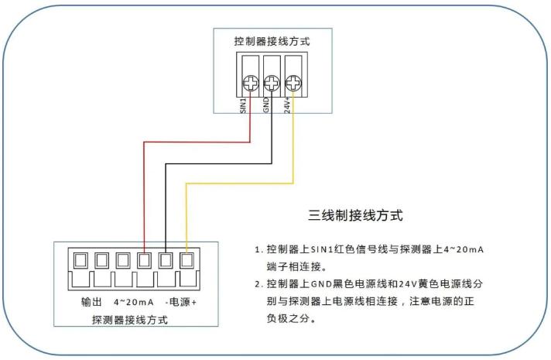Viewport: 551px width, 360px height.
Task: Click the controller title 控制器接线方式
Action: pos(272,40)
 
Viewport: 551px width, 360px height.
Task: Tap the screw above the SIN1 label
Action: pos(250,84)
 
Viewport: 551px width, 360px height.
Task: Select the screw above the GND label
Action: pos(271,84)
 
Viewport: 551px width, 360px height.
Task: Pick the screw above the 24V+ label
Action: pos(293,84)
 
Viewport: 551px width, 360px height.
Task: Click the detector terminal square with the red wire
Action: pos(144,260)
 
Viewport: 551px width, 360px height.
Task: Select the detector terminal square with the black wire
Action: pos(166,260)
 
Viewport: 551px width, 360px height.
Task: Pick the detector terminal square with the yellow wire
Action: pos(187,260)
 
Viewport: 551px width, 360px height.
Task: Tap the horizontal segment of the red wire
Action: pos(197,142)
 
